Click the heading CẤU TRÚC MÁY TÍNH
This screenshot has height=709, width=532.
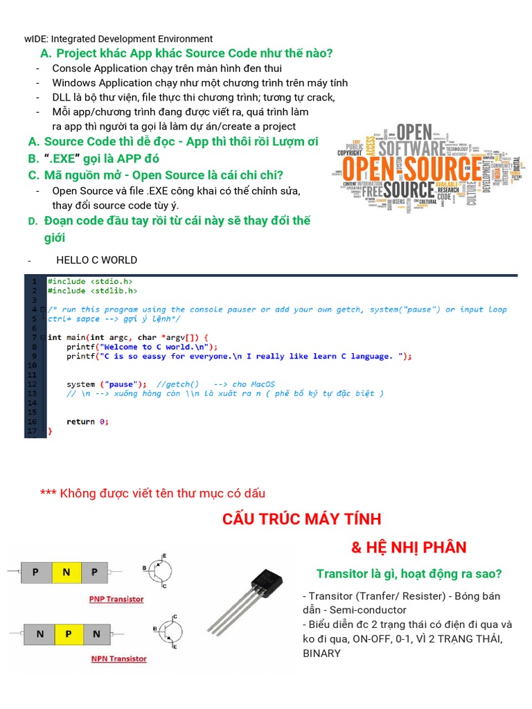point(302,519)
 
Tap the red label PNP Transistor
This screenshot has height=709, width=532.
point(117,599)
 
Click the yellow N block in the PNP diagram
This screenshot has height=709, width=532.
point(66,572)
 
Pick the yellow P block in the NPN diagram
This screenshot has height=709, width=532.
point(67,633)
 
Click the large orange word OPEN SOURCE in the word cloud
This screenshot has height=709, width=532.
point(413,168)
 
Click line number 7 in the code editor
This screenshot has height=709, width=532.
point(33,337)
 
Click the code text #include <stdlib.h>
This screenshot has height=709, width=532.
point(89,291)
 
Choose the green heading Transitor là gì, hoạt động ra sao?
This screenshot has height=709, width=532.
point(409,574)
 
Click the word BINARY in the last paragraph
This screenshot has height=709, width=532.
point(321,653)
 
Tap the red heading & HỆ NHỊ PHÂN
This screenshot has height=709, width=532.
point(409,548)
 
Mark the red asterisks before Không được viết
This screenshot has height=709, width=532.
point(48,493)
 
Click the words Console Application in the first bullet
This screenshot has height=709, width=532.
point(95,69)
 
